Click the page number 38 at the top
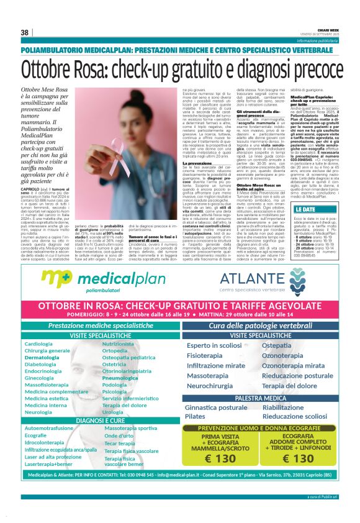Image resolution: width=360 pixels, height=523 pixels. (x=25, y=32)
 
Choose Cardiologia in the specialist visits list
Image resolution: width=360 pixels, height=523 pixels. (x=38, y=343)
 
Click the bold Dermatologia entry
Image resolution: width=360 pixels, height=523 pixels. (x=42, y=357)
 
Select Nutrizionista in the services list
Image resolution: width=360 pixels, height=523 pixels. (x=117, y=343)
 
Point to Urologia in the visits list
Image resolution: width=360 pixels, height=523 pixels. (x=113, y=412)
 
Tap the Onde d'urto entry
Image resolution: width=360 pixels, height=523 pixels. (x=119, y=436)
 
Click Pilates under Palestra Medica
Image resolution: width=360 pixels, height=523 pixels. (x=195, y=416)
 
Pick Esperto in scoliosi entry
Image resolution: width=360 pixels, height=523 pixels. (x=214, y=345)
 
